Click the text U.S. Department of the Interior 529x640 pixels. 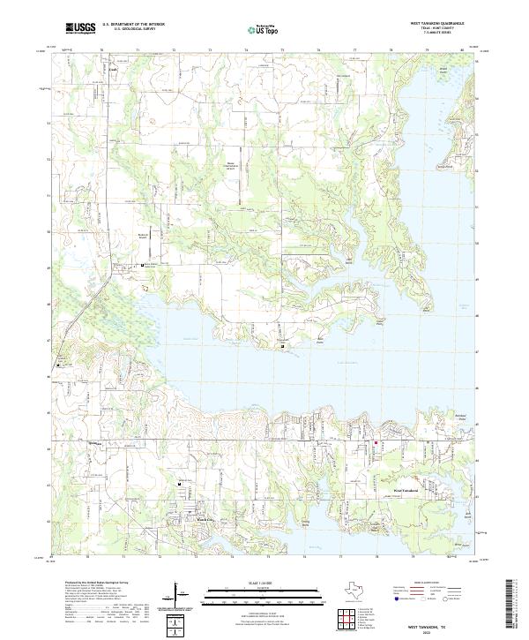tap(134, 26)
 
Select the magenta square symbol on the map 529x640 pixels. tap(376, 443)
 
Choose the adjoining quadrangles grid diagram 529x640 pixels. tap(351, 619)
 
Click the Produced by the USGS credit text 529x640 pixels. tap(93, 583)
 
